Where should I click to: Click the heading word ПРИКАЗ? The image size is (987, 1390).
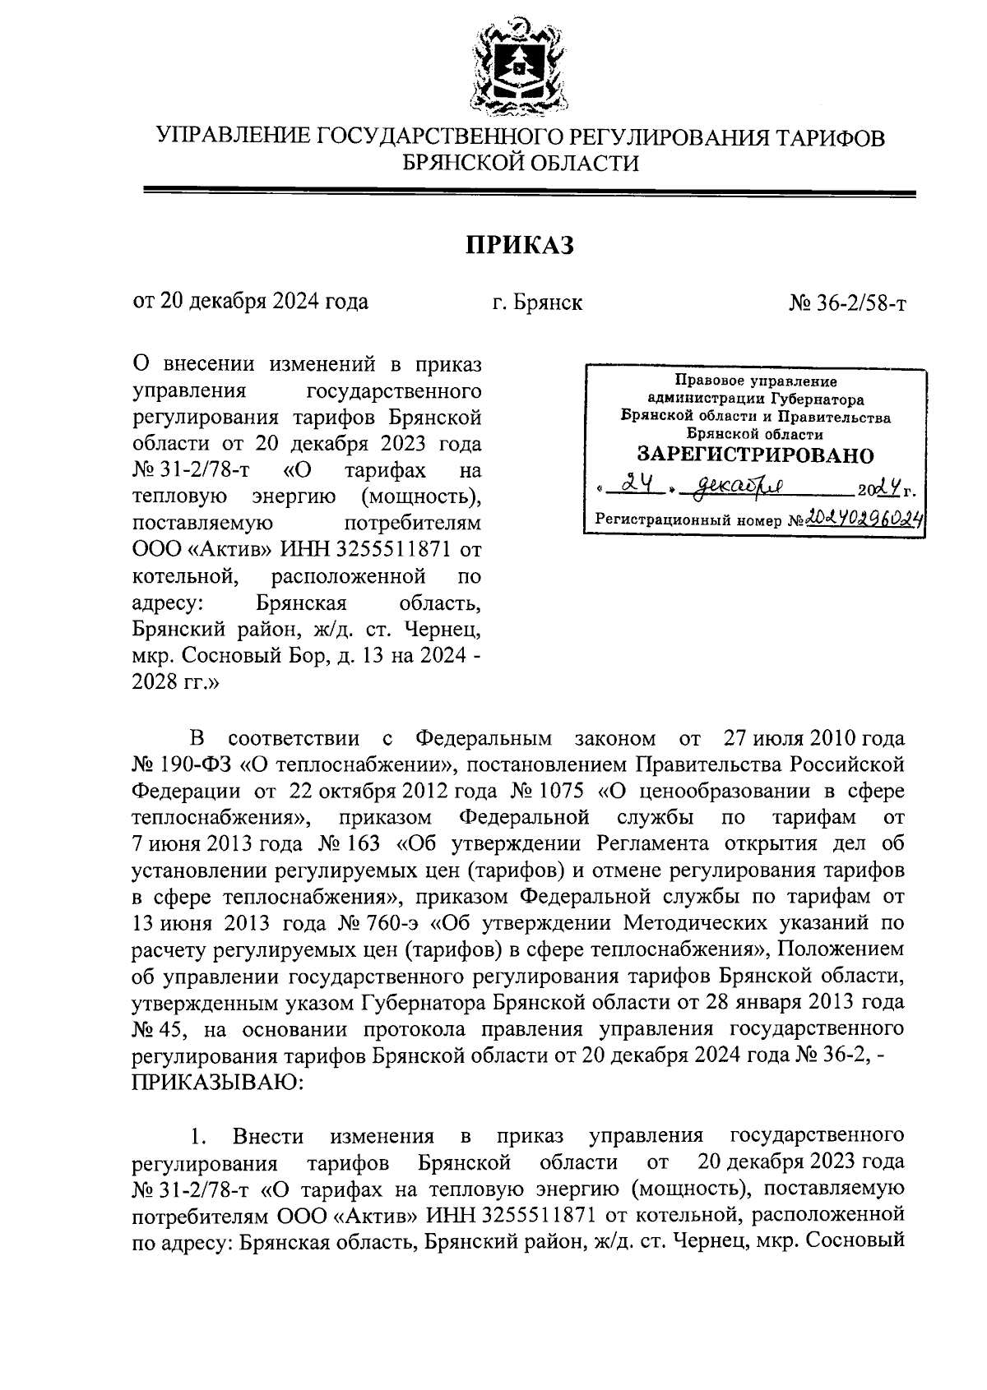519,245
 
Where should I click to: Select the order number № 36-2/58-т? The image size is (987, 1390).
847,302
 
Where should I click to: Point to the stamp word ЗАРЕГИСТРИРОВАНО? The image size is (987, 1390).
756,455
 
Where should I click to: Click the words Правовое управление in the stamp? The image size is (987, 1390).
755,381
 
